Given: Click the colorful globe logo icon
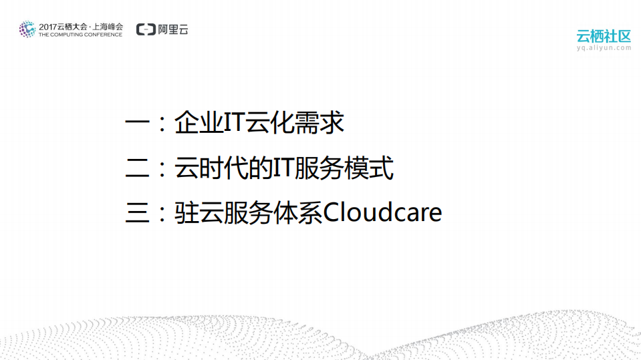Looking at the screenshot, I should (27, 29).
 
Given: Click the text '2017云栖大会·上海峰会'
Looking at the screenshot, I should (81, 27).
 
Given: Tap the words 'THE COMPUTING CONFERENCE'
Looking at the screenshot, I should (80, 35).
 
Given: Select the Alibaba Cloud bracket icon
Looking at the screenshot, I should (146, 29).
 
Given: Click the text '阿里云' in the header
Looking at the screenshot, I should (173, 29).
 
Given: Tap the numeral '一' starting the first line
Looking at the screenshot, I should (138, 124).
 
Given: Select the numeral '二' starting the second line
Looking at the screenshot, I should (138, 169).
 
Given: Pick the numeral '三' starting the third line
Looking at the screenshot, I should (138, 213).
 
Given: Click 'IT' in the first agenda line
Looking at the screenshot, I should (233, 124).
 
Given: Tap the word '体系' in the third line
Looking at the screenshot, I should (295, 213).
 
